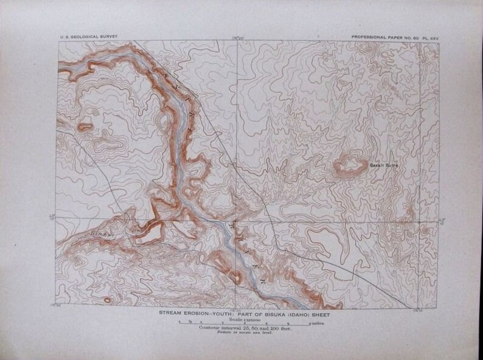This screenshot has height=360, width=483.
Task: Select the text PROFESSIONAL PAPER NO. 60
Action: [x=382, y=36]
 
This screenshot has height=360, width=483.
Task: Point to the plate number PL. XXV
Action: [x=428, y=36]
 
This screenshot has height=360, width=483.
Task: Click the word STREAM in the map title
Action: [x=173, y=314]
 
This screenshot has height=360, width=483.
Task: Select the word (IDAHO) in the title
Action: [x=298, y=314]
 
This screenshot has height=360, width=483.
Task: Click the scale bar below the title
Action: [x=241, y=324]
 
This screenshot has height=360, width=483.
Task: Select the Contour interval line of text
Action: [x=241, y=329]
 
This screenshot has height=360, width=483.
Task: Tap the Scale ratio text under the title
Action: [x=241, y=319]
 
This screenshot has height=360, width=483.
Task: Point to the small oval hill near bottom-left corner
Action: [x=108, y=300]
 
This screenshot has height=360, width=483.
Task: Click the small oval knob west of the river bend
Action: [x=85, y=126]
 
